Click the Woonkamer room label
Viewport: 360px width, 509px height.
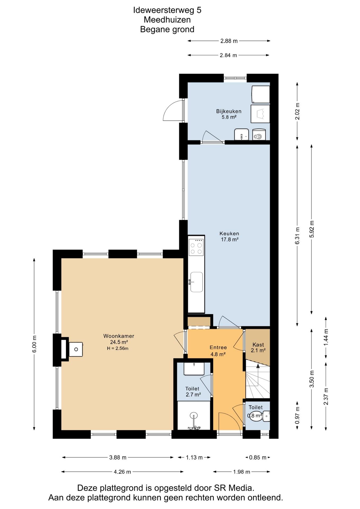click(118, 336)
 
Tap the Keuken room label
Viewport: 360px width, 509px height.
click(229, 234)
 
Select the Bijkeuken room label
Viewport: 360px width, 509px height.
click(229, 111)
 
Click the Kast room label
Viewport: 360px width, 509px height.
click(258, 345)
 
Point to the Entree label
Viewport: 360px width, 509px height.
click(218, 347)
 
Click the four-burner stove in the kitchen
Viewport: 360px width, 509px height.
click(196, 247)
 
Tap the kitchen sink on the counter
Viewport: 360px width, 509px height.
click(196, 282)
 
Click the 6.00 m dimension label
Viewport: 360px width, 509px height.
click(34, 344)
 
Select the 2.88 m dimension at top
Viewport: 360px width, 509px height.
click(229, 41)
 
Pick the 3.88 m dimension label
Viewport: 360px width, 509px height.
click(118, 457)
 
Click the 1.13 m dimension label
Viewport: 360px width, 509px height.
click(194, 457)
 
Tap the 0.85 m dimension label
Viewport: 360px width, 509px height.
click(258, 457)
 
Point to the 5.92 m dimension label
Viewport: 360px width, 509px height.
click(312, 229)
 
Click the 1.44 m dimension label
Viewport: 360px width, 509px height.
click(326, 337)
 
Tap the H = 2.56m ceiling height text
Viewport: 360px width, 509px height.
click(118, 348)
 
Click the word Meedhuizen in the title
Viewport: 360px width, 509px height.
click(167, 20)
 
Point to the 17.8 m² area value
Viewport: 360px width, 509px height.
click(230, 239)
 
